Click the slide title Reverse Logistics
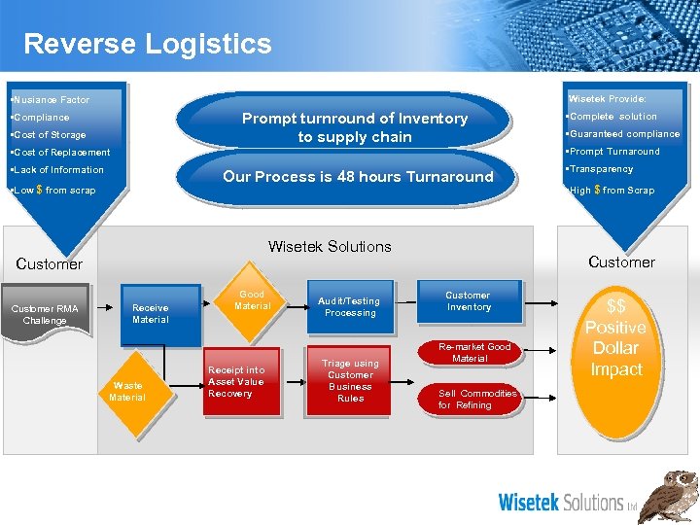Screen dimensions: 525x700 [x=148, y=44]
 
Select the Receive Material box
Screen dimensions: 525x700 [x=151, y=313]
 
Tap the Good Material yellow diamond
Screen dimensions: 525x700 [x=252, y=300]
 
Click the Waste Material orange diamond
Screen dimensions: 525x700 [x=127, y=391]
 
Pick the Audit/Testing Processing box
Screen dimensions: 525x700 [x=350, y=307]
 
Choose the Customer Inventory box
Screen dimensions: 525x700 [x=468, y=301]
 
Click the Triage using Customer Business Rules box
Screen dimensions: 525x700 [x=350, y=380]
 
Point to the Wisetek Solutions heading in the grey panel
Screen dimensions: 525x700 [x=330, y=247]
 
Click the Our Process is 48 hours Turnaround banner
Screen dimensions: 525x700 [x=358, y=177]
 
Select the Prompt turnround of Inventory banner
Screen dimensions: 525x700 [x=355, y=127]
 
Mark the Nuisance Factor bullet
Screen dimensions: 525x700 [x=50, y=100]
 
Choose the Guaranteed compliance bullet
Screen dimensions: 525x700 [x=624, y=134]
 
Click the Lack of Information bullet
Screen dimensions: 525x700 [x=56, y=170]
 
